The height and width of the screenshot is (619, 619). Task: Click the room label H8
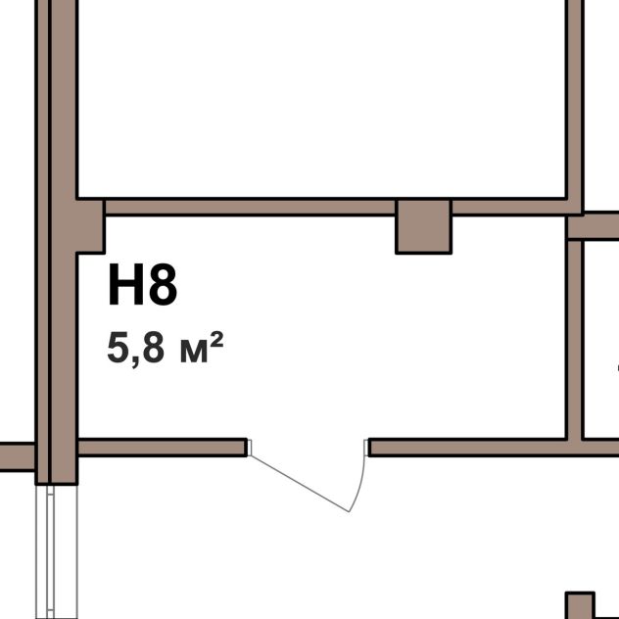[x=143, y=284]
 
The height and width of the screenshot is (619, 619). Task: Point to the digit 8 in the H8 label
[x=163, y=284]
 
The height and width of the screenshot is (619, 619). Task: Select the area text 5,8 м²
[x=165, y=348]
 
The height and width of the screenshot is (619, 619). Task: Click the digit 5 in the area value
[x=118, y=348]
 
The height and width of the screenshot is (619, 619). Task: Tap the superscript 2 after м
[x=216, y=340]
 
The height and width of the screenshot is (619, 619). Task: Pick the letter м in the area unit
[x=194, y=352]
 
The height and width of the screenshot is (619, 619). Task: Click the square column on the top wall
[x=423, y=226]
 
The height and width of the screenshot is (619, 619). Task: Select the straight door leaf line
[x=299, y=483]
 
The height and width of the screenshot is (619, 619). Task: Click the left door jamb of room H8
[x=249, y=448]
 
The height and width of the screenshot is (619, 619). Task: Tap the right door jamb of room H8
[x=366, y=448]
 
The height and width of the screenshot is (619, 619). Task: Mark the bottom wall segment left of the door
[x=163, y=448]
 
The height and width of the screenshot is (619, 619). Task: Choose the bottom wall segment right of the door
[x=494, y=448]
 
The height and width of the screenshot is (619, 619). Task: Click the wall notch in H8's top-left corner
[x=90, y=226]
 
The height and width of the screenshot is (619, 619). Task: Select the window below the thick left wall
[x=57, y=551]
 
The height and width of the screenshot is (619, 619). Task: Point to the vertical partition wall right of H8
[x=575, y=340]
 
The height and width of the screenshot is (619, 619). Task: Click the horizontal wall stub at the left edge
[x=18, y=456]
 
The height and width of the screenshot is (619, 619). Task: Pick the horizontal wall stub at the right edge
[x=594, y=226]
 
